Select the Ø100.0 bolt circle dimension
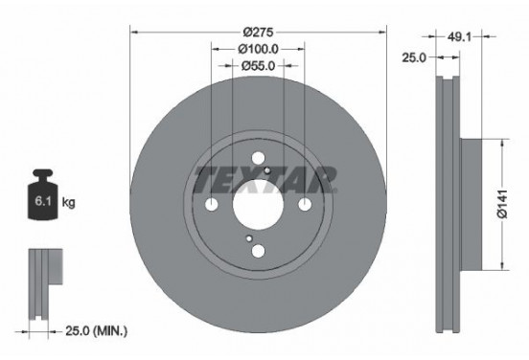(258, 47)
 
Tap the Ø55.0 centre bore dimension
(258, 65)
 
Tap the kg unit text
(69, 204)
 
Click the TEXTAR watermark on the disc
(265, 178)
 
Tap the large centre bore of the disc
(258, 206)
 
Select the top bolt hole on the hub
(258, 161)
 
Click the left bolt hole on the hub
(212, 206)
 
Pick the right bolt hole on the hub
(304, 206)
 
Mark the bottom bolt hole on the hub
(258, 251)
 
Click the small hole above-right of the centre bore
(268, 172)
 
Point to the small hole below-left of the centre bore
(248, 238)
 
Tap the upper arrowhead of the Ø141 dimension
(498, 143)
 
